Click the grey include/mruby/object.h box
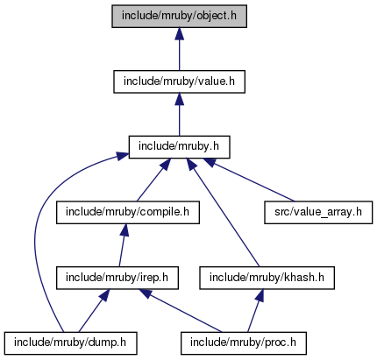(179, 17)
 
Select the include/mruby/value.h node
(179, 81)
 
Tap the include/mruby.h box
(179, 147)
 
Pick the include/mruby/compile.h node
(128, 213)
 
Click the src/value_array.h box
(318, 213)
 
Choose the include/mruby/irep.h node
(117, 278)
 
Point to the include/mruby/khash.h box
(267, 278)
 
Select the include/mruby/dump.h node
(70, 343)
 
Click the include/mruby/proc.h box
(244, 343)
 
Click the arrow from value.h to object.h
(179, 49)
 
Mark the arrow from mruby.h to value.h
(179, 115)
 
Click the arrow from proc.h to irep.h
(181, 311)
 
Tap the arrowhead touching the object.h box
(179, 34)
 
